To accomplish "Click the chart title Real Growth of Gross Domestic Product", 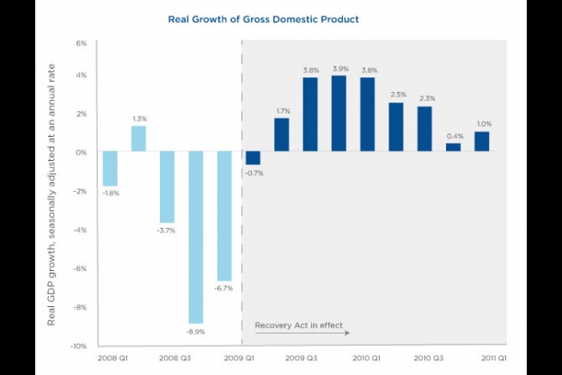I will pyautogui.click(x=281, y=19).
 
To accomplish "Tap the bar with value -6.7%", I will pyautogui.click(x=224, y=216).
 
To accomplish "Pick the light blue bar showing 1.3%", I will pyautogui.click(x=138, y=138).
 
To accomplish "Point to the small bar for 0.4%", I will pyautogui.click(x=453, y=147).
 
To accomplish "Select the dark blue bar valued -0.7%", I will pyautogui.click(x=253, y=158).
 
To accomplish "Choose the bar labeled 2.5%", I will pyautogui.click(x=395, y=127).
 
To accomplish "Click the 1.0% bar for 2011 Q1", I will pyautogui.click(x=481, y=141).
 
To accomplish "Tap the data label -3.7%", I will pyautogui.click(x=167, y=231).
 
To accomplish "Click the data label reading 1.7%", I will pyautogui.click(x=281, y=111).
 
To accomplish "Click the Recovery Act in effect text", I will pyautogui.click(x=298, y=326).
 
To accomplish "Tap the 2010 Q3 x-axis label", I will pyautogui.click(x=430, y=355).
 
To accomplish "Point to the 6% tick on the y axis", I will pyautogui.click(x=82, y=43).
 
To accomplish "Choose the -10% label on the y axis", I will pyautogui.click(x=79, y=346).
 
